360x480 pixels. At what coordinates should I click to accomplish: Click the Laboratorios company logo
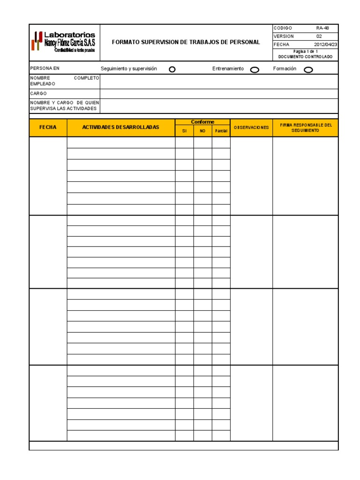[64, 42]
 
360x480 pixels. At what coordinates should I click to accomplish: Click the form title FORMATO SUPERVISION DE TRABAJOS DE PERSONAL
[186, 42]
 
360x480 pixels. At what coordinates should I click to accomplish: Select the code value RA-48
[322, 28]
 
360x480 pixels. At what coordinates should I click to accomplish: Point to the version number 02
[319, 36]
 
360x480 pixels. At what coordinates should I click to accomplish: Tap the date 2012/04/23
[325, 45]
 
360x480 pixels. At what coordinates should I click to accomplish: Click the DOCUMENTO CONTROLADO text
[305, 57]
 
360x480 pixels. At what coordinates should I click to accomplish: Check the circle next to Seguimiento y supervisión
[172, 69]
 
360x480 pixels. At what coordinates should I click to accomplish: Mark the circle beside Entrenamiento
[255, 70]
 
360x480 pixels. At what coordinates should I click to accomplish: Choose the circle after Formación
[308, 70]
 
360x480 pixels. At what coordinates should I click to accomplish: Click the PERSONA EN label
[45, 68]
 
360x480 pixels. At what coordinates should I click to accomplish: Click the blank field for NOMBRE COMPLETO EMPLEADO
[218, 81]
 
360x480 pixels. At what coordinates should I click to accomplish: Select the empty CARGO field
[218, 94]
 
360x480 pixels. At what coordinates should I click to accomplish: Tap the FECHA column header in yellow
[48, 127]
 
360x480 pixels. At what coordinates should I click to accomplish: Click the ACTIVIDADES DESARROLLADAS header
[121, 127]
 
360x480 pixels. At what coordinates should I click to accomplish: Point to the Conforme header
[202, 122]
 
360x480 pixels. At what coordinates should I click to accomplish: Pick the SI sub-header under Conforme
[184, 131]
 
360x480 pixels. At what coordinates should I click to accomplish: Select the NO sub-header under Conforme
[202, 131]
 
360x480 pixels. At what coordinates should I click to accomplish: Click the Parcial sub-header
[221, 131]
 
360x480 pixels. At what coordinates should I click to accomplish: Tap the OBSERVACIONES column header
[251, 127]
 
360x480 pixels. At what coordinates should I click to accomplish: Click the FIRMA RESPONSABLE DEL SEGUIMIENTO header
[305, 127]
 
